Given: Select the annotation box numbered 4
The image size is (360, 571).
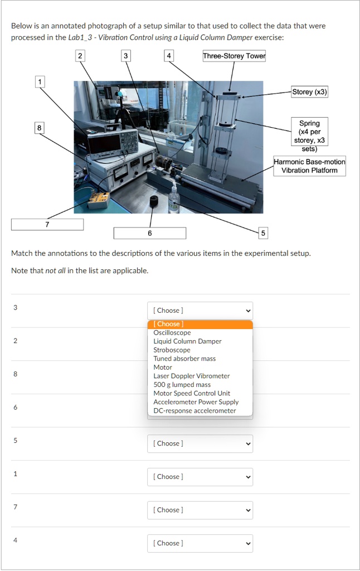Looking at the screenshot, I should [169, 56].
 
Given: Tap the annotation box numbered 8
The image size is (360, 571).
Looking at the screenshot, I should [38, 128].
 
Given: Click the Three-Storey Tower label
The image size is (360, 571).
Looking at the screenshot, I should [234, 56].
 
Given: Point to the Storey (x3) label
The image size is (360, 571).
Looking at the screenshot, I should [309, 92].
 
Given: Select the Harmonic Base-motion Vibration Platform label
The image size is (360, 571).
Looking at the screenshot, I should [309, 166].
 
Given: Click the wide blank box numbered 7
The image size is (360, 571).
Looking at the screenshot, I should [47, 224].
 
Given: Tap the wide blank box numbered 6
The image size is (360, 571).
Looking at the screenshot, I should [149, 233].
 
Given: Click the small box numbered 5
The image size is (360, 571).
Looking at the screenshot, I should [263, 233].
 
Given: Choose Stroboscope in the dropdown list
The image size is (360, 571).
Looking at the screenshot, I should [172, 350].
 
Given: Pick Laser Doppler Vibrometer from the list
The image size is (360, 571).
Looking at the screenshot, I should [191, 376].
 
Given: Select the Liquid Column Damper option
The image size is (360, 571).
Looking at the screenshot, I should [187, 341].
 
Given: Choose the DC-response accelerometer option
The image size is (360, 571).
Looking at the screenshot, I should [194, 410].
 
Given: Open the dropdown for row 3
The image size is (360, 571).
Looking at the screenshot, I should [200, 311].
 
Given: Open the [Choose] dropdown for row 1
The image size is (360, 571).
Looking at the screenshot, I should [200, 477].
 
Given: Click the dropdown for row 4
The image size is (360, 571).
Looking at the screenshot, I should [200, 543].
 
